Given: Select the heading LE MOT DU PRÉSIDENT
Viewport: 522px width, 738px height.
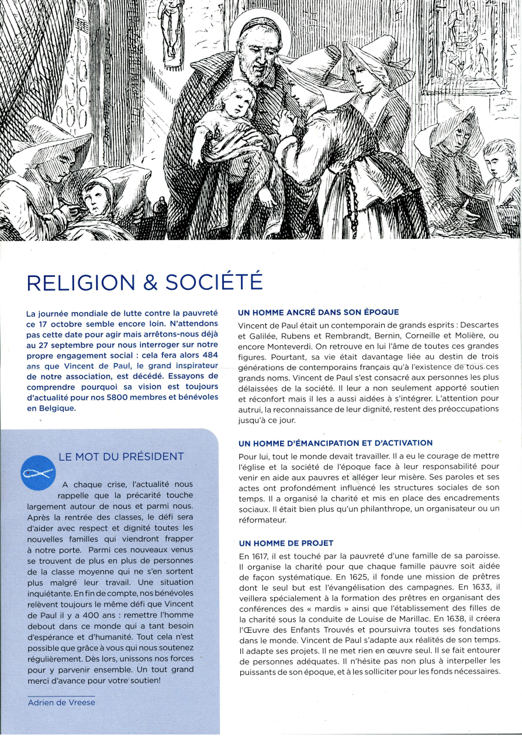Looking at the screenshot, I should point(122,456).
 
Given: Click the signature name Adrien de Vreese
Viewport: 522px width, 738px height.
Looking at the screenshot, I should point(61,702).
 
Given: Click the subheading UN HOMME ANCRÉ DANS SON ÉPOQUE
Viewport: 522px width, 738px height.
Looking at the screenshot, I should point(319,312).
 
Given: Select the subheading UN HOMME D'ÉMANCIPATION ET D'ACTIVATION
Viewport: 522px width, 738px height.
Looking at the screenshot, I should point(336,443).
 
